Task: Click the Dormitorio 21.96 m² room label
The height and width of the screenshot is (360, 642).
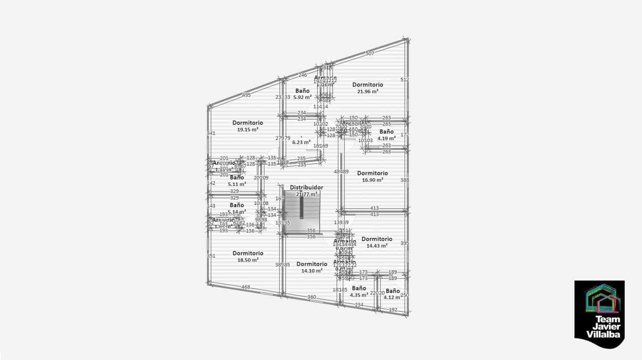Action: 368,88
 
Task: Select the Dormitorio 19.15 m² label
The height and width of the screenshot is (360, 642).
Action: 248,126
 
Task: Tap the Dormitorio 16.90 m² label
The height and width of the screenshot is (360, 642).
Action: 372,176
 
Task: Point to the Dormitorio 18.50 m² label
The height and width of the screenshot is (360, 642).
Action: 248,256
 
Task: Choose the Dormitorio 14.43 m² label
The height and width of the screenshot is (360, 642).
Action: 377,242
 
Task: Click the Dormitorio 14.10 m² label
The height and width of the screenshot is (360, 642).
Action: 312,267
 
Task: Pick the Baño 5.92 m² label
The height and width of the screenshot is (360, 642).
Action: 302,94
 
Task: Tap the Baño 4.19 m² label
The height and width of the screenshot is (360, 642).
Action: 386,135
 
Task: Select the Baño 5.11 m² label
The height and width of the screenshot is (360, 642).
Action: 237,181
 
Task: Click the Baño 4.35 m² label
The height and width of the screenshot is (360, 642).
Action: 359,292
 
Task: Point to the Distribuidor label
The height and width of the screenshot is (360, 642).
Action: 306,187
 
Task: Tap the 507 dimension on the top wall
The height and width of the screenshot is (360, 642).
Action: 370,54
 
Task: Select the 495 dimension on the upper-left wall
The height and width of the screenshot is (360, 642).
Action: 246,95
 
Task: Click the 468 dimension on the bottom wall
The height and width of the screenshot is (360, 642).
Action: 245,287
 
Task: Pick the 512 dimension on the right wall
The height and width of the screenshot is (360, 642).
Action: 404,80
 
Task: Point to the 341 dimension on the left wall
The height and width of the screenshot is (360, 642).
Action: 211,133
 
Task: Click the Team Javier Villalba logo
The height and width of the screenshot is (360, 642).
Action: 599,309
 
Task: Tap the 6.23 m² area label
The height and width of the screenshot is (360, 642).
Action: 301,142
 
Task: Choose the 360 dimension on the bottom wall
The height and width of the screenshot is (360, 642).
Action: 312,297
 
